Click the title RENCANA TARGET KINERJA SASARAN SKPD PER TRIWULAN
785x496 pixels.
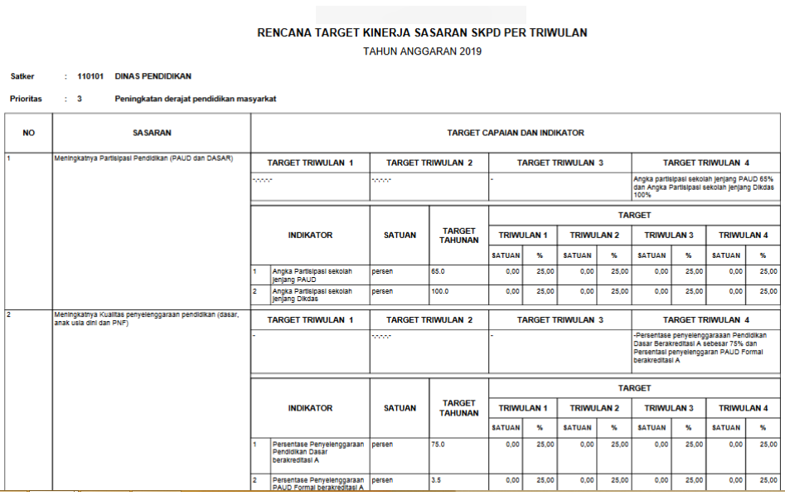click(x=422, y=33)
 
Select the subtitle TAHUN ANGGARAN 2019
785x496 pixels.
click(x=422, y=51)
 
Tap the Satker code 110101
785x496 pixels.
click(x=90, y=76)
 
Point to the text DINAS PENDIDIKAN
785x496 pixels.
click(x=153, y=76)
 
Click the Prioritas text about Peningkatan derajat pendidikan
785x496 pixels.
click(x=196, y=99)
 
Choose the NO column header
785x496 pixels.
click(x=28, y=133)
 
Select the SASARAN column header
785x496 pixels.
click(x=152, y=133)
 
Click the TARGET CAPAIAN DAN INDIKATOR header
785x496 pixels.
click(x=515, y=133)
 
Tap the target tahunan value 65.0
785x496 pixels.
click(x=439, y=270)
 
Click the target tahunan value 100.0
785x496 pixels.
click(x=440, y=291)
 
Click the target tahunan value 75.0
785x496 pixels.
click(x=439, y=445)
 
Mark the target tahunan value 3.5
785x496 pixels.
click(x=437, y=479)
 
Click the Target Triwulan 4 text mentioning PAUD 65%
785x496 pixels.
click(x=703, y=187)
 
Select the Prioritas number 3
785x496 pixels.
click(x=80, y=99)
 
